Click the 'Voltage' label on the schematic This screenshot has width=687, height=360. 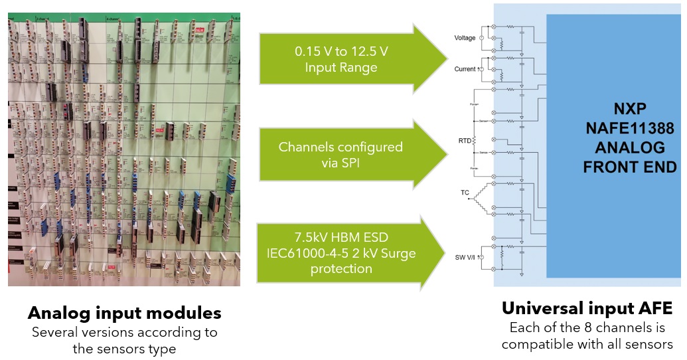pyautogui.click(x=465, y=38)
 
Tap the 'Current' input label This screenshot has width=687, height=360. pyautogui.click(x=464, y=68)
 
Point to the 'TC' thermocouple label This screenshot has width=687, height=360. pyautogui.click(x=465, y=193)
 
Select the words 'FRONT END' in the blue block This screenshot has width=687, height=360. pyautogui.click(x=629, y=167)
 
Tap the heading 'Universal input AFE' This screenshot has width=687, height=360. pyautogui.click(x=587, y=308)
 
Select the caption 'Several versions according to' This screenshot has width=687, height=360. pyautogui.click(x=125, y=332)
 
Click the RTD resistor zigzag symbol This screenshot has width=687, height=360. pyautogui.click(x=475, y=141)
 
